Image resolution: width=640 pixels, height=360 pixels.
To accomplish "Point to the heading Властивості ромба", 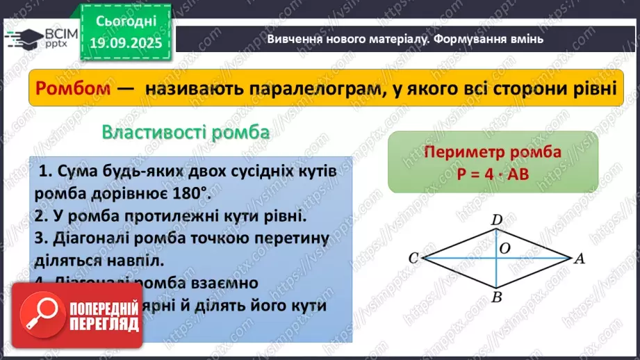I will pos(185,132).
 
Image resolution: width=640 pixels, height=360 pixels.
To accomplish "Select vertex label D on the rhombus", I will pos(497,220).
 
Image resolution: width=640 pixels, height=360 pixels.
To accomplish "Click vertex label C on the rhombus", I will pos(413,259).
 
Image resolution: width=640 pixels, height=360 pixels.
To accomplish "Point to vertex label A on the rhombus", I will pos(578,259).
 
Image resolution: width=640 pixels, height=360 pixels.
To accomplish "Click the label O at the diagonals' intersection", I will pos(505,247).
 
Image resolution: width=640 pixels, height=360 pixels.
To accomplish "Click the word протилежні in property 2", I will pos(138,216).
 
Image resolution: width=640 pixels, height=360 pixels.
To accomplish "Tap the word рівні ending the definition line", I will pos(591,89).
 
